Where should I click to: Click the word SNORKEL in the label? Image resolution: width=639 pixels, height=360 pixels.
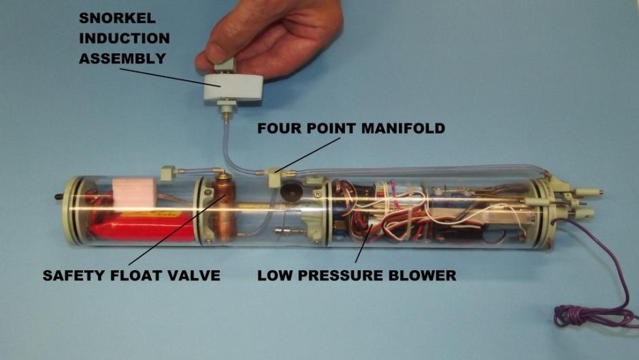point(117,18)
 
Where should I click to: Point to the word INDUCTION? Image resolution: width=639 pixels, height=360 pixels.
point(125,38)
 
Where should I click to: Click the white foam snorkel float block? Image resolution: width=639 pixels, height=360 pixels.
point(233,87)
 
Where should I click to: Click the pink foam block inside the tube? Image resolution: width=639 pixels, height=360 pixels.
point(134,193)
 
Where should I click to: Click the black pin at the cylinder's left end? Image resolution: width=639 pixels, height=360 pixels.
point(59,197)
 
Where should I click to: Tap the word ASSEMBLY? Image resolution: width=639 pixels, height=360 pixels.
point(122,59)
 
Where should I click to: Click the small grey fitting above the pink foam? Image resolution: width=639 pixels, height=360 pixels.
point(167,173)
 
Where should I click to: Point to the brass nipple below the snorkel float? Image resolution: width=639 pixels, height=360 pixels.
point(225,118)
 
